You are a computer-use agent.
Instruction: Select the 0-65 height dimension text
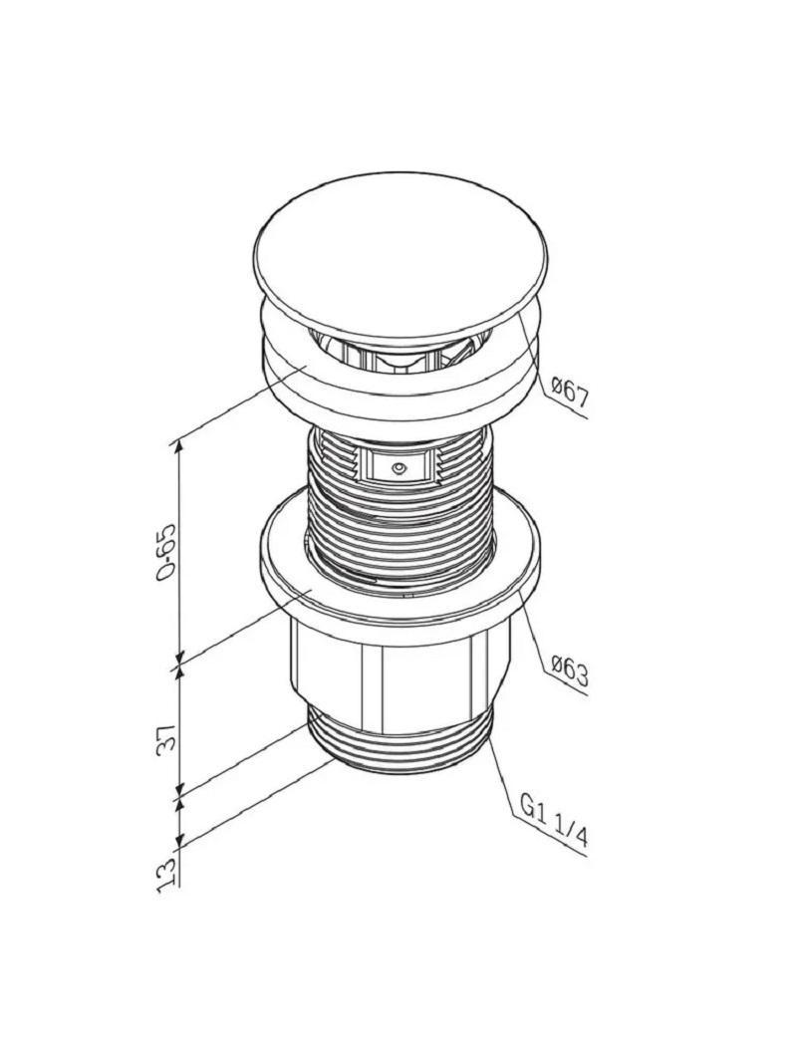coord(166,551)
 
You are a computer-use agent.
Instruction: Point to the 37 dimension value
coord(167,736)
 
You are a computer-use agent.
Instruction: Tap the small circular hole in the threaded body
coord(399,468)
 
